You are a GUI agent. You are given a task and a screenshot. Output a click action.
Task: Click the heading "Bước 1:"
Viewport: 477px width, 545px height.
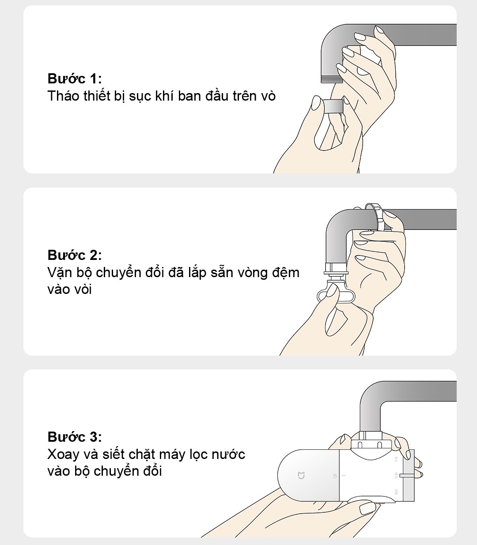[x=75, y=79]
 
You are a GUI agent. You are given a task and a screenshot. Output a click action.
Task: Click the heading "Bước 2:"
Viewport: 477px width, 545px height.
[x=75, y=255]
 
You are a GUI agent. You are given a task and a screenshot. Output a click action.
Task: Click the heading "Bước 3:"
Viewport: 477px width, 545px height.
[x=75, y=437]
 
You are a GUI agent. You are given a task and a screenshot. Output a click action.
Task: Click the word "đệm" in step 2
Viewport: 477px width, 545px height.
[x=286, y=273]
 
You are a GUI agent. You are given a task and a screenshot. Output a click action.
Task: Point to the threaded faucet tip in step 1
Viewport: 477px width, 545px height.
[x=331, y=79]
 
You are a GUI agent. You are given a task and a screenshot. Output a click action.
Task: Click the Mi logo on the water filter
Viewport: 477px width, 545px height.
[x=301, y=475]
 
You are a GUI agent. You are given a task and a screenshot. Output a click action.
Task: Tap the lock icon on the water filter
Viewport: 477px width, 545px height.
[x=335, y=476]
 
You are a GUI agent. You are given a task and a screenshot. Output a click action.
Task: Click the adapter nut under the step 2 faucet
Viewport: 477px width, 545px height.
[x=336, y=269]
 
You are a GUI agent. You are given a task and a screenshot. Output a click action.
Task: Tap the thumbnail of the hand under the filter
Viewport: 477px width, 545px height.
[x=367, y=508]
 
